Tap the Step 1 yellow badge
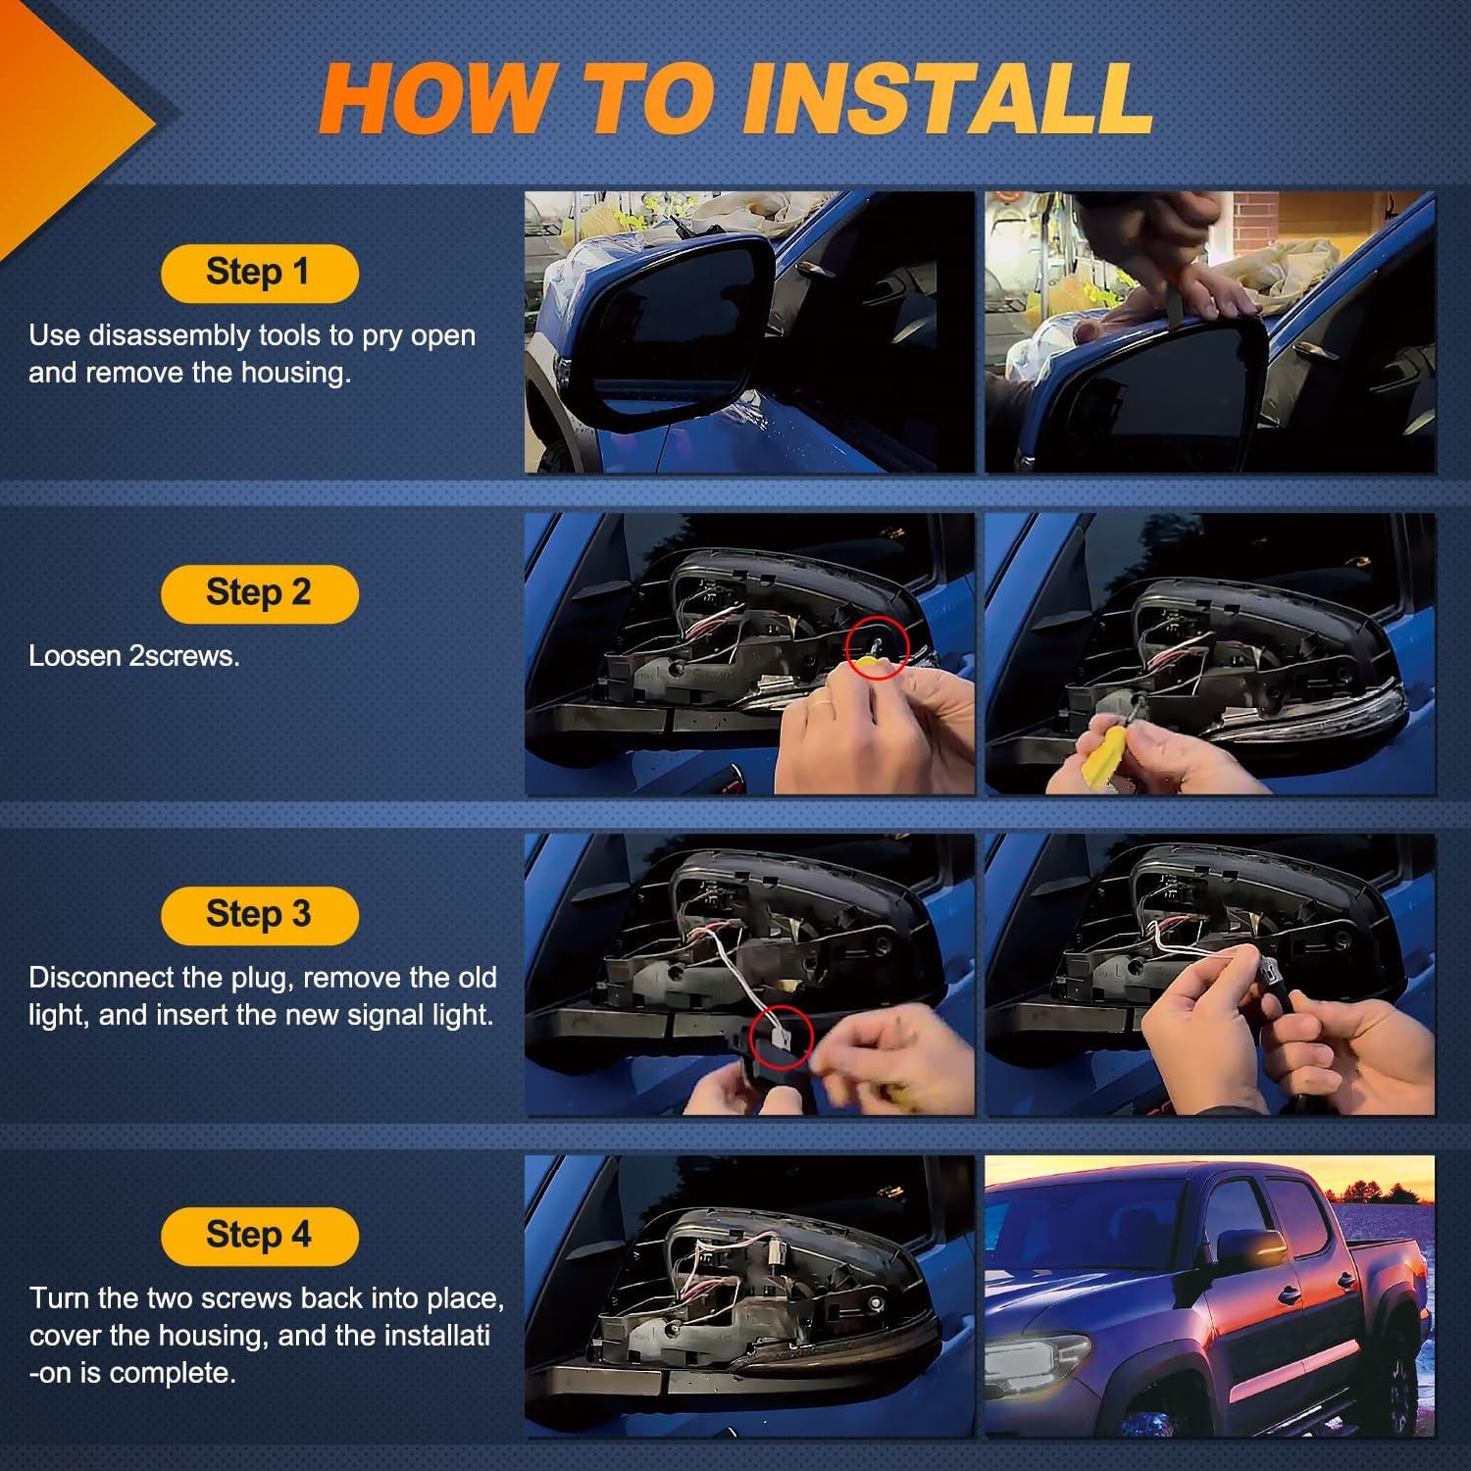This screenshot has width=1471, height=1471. click(259, 273)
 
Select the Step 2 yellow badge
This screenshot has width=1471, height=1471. click(259, 593)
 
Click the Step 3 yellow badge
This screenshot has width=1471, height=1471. click(259, 914)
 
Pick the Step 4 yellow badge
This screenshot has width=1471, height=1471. click(259, 1236)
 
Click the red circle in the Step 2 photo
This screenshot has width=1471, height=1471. click(877, 647)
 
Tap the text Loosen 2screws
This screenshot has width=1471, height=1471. click(134, 656)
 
